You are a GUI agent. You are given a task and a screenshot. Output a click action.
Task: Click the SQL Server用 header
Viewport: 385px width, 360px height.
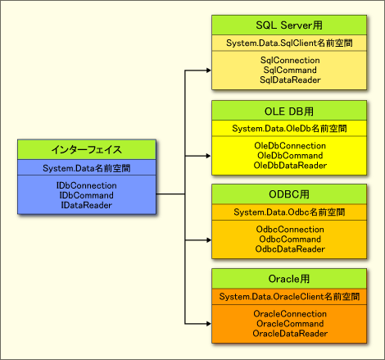(289, 25)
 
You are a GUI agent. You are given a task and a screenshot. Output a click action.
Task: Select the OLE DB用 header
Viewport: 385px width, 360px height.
(289, 112)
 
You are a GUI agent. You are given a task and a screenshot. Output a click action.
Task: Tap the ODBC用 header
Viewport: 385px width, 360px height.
(289, 194)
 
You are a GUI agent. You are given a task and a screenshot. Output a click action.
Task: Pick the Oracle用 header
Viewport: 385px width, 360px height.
(289, 279)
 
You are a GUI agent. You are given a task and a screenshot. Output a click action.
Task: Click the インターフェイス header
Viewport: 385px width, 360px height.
(87, 149)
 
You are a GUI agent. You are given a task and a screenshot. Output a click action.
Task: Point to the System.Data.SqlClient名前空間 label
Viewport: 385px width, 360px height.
(289, 43)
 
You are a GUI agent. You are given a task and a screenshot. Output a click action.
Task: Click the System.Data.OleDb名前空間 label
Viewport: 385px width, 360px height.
(289, 129)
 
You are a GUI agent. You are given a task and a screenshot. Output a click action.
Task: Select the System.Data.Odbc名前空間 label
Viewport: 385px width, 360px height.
(289, 212)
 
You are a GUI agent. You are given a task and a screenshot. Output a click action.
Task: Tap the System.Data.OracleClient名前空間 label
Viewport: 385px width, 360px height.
(289, 297)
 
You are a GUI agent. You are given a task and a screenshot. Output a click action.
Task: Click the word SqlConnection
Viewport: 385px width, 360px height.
(290, 60)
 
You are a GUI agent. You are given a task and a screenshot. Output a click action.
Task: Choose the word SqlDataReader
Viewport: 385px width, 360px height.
(290, 80)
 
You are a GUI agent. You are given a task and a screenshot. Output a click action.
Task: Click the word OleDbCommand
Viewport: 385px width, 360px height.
(290, 156)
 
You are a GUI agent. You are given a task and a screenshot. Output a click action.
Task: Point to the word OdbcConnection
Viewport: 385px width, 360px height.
(290, 230)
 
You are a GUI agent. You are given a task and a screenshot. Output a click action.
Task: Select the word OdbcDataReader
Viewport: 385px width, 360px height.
(290, 249)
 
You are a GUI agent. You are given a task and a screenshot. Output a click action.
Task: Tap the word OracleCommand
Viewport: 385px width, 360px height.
(290, 324)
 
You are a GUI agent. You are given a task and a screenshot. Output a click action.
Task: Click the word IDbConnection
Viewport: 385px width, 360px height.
(87, 185)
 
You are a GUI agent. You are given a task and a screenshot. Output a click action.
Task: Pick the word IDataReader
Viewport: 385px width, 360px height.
(87, 205)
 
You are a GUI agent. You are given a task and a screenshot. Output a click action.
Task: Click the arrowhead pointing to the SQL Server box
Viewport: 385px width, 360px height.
(209, 71)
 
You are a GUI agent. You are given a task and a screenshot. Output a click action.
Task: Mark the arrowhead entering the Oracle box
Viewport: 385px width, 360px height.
(209, 324)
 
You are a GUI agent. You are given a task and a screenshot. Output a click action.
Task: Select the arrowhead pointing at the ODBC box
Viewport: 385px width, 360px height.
(209, 240)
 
